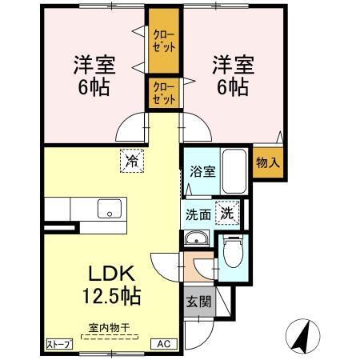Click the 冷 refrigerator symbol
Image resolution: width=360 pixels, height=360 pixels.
[x=131, y=161]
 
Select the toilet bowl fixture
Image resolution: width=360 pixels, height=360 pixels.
[x=232, y=255]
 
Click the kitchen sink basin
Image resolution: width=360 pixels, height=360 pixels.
[x=107, y=210]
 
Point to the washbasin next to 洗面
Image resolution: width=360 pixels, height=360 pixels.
[x=196, y=240]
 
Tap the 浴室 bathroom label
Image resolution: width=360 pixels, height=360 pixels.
[x=202, y=170]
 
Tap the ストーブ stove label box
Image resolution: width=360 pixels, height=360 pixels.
[x=58, y=344]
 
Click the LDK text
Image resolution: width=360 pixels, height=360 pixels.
[x=110, y=273]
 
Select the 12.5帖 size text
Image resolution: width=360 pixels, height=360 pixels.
[x=110, y=297]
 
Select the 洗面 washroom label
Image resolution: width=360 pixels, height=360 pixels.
[x=198, y=214]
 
